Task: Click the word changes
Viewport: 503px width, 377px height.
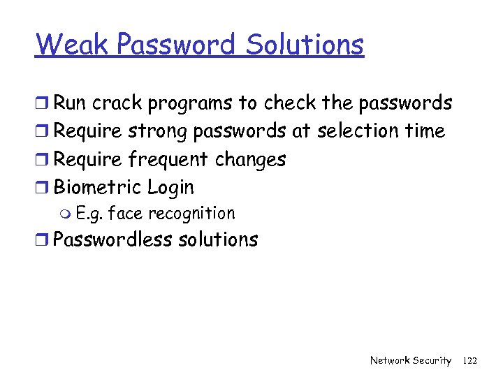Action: click(250, 160)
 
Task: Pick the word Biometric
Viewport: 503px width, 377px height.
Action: click(98, 187)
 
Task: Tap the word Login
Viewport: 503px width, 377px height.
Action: click(170, 188)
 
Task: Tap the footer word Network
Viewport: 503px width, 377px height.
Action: click(389, 360)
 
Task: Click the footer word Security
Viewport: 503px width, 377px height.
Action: click(432, 360)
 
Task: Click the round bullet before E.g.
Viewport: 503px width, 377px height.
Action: click(66, 214)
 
